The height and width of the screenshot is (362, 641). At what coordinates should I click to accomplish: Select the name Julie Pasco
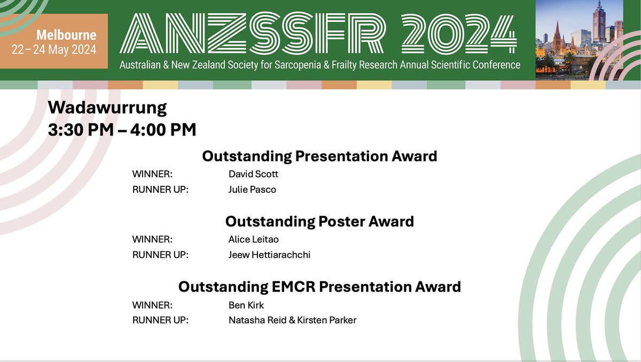pyautogui.click(x=252, y=190)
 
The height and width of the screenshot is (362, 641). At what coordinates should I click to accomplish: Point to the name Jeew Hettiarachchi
pyautogui.click(x=269, y=255)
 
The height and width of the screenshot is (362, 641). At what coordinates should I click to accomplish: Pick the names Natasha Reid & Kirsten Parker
pyautogui.click(x=292, y=320)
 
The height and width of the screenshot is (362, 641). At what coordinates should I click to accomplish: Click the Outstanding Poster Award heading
pyautogui.click(x=319, y=221)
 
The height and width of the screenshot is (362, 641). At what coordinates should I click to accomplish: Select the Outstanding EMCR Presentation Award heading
pyautogui.click(x=319, y=287)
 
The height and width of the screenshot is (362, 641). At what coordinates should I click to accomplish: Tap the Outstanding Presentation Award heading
pyautogui.click(x=319, y=156)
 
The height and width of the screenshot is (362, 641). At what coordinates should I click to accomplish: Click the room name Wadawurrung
pyautogui.click(x=107, y=108)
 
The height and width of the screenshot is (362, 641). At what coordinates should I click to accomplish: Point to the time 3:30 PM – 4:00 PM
pyautogui.click(x=122, y=129)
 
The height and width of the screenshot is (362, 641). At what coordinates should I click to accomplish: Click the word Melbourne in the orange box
pyautogui.click(x=66, y=36)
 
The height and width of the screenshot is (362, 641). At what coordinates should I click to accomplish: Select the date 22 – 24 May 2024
pyautogui.click(x=54, y=51)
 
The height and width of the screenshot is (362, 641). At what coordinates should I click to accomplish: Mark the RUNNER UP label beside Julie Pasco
pyautogui.click(x=160, y=190)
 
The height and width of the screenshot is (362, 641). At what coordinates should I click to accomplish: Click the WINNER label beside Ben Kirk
pyautogui.click(x=152, y=305)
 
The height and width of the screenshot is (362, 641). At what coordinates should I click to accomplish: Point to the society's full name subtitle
pyautogui.click(x=320, y=65)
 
